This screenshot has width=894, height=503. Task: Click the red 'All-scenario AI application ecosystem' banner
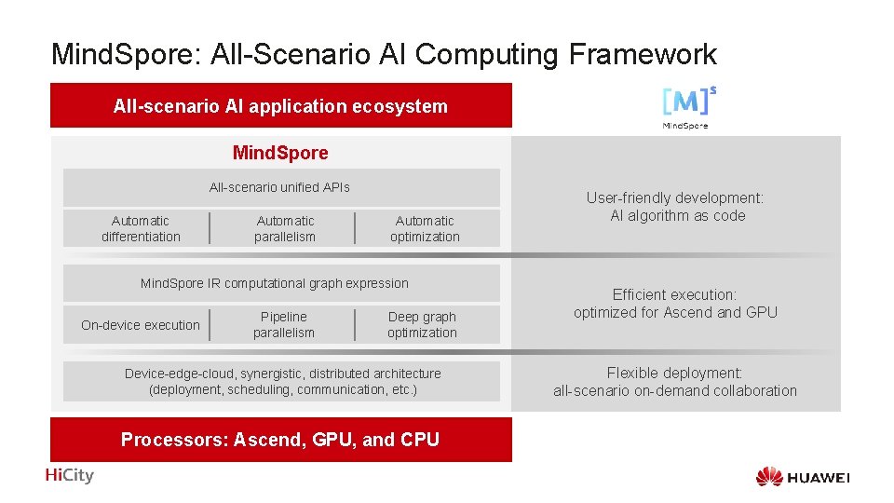280,106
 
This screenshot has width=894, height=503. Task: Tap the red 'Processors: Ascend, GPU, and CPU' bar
280,440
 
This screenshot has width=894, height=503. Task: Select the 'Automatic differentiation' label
141,228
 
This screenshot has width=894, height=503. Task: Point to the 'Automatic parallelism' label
285,228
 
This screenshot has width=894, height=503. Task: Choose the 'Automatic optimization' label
425,228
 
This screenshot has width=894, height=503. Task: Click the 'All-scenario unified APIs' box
280,187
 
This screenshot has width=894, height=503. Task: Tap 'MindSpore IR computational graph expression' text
274,283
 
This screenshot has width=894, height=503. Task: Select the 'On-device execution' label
141,325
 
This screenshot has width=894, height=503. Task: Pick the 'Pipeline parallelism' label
284,325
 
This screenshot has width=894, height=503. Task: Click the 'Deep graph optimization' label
422,325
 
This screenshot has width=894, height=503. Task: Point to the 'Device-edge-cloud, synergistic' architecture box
282,381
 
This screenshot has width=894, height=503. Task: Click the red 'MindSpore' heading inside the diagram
280,152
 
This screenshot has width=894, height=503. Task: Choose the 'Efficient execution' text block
675,304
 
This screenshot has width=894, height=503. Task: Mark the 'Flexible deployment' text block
675,382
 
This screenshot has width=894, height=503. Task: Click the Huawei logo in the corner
803,477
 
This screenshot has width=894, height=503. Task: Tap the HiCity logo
70,475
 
